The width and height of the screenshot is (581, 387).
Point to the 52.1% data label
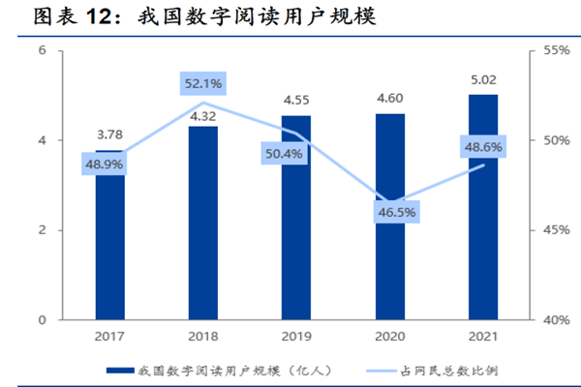click(203, 84)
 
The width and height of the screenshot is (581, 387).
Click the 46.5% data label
click(389, 210)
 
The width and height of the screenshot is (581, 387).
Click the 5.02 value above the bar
click(483, 81)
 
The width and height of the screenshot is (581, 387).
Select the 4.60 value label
click(389, 99)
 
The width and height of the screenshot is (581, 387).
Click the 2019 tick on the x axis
click(296, 335)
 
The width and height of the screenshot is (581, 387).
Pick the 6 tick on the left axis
click(43, 50)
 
